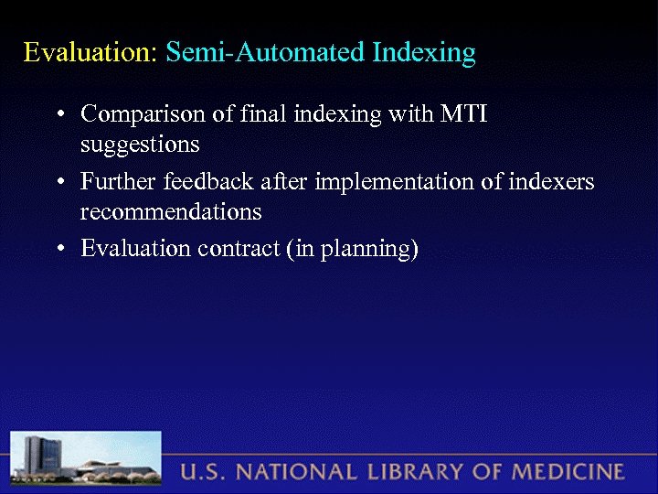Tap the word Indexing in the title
[424, 53]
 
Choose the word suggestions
[140, 145]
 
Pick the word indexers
[551, 182]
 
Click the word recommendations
[171, 212]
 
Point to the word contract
[236, 249]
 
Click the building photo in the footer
[87, 461]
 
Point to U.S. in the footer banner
[201, 473]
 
